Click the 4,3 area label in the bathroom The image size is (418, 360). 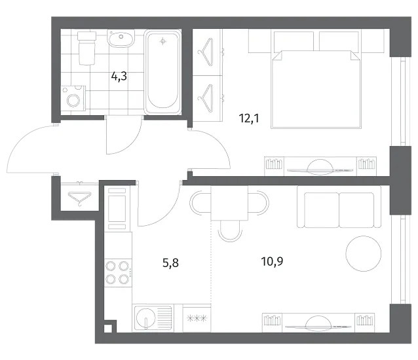tap(119, 77)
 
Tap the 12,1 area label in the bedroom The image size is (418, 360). tap(249, 118)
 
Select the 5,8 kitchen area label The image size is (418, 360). tap(170, 263)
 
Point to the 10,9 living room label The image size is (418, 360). tap(272, 261)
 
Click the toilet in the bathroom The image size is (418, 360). tap(87, 48)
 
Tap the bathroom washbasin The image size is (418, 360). tap(121, 38)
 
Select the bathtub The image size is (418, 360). tap(162, 73)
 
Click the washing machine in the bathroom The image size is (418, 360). tap(73, 98)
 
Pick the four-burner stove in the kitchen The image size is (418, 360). tap(117, 272)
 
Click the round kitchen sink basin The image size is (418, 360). tap(145, 317)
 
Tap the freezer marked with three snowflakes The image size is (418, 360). tap(197, 318)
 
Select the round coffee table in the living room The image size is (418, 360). tap(364, 253)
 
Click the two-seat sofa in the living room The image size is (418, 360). tap(339, 207)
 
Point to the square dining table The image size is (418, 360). tap(229, 203)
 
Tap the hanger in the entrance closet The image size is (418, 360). tap(79, 198)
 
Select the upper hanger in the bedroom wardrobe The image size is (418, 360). tap(206, 52)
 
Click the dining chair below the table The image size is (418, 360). tap(230, 231)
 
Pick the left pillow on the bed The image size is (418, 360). tap(294, 41)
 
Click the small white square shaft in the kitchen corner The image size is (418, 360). tap(107, 329)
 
